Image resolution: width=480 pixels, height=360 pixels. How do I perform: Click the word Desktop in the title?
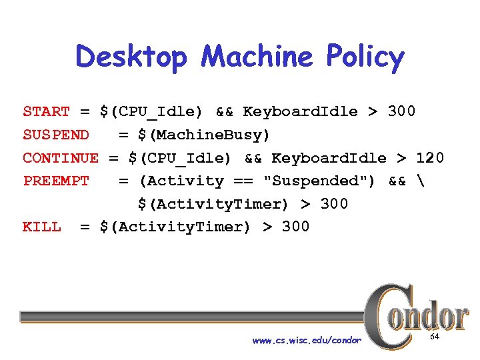coord(131,57)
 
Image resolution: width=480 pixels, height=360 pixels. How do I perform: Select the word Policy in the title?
coord(365,58)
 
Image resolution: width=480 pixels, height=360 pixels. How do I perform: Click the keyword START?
coord(46,111)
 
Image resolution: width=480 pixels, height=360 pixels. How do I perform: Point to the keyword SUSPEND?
coord(55,135)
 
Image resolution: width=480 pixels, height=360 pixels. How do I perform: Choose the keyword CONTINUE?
coord(60,158)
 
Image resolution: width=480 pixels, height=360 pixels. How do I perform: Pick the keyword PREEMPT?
coord(55,181)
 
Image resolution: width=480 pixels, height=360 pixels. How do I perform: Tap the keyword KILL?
coord(41,227)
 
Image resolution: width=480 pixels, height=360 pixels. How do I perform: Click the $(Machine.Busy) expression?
coord(204,135)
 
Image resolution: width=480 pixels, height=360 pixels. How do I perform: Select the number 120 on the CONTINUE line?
coord(429,158)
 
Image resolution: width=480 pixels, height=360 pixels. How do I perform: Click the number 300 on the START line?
coord(401,111)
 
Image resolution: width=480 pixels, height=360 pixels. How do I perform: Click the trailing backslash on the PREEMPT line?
coord(416,181)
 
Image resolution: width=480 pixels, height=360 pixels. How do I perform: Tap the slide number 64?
coord(434,337)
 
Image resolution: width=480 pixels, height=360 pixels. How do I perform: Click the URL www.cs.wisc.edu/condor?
coord(307,341)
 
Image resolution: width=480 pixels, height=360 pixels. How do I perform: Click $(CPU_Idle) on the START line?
coord(152,111)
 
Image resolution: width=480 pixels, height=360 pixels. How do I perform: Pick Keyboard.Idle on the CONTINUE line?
coord(329,158)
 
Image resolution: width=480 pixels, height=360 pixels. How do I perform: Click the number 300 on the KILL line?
coord(295,227)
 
